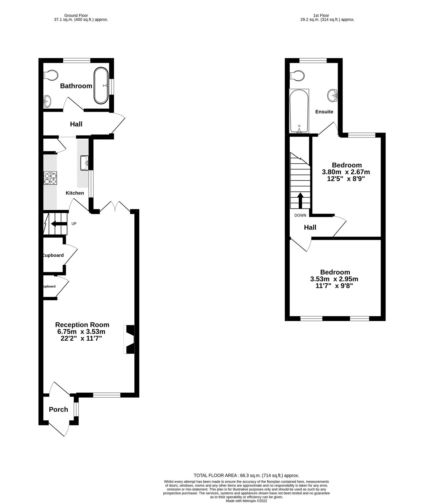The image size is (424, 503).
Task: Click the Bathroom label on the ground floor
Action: click(76, 86)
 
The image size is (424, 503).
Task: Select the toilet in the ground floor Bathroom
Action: click(51, 75)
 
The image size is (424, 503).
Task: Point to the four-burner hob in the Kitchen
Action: click(50, 178)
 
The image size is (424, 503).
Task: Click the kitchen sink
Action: click(84, 163)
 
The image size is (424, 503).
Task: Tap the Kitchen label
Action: click(75, 193)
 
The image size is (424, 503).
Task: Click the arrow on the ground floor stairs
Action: click(59, 224)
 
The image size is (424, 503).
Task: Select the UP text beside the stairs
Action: click(74, 224)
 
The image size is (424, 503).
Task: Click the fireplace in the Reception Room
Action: click(129, 339)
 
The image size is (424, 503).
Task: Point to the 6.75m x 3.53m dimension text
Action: click(81, 332)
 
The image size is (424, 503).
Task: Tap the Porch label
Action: click(58, 409)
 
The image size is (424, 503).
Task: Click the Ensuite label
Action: click(324, 112)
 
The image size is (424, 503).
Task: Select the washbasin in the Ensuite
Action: click(332, 96)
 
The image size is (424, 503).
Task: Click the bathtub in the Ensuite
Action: click(299, 111)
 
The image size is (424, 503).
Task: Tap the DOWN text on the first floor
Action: click(300, 215)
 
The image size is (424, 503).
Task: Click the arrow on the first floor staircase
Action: click(300, 200)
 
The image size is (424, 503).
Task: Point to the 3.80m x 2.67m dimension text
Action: click(346, 172)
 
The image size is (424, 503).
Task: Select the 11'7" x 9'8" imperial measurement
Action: click(334, 286)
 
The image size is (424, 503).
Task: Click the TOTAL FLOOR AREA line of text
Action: click(246, 475)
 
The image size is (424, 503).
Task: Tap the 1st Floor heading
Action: click(321, 15)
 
